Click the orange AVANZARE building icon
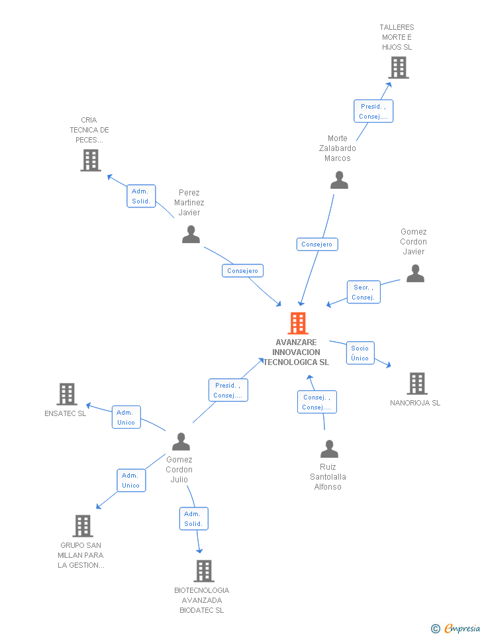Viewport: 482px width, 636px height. (x=298, y=323)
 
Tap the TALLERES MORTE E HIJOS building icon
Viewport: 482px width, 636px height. (x=398, y=68)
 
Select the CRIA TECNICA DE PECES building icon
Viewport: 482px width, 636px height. (x=91, y=160)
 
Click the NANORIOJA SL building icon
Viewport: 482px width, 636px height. (x=416, y=383)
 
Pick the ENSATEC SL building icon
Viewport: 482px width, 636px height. (x=67, y=394)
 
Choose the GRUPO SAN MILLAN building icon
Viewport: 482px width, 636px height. (x=82, y=525)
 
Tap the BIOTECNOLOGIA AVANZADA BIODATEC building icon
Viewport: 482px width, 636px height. (x=203, y=570)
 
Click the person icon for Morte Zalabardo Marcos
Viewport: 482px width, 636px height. (x=339, y=180)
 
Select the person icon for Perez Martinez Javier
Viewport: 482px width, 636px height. (x=191, y=235)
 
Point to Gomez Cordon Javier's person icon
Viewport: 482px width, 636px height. (x=415, y=273)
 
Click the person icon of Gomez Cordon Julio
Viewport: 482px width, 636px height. (x=181, y=441)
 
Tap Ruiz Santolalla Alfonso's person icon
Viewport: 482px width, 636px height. (x=329, y=449)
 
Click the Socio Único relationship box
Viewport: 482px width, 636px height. (x=360, y=353)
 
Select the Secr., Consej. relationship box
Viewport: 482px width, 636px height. (x=363, y=292)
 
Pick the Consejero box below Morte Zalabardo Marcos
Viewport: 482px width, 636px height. (x=317, y=244)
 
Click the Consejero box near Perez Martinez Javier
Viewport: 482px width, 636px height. (x=242, y=270)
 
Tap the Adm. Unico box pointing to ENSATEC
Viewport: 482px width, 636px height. (x=126, y=417)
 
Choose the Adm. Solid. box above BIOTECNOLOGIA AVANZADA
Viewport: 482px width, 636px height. (x=193, y=519)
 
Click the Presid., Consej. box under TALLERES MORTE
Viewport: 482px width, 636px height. (x=373, y=111)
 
